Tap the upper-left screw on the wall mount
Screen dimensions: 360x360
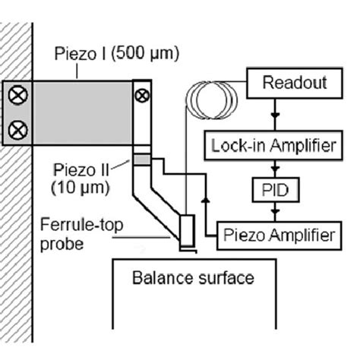[x=16, y=96]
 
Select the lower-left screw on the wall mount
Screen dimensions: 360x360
[x=16, y=130]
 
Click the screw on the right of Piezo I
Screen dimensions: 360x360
[x=142, y=96]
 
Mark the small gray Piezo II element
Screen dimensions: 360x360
[x=142, y=158]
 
